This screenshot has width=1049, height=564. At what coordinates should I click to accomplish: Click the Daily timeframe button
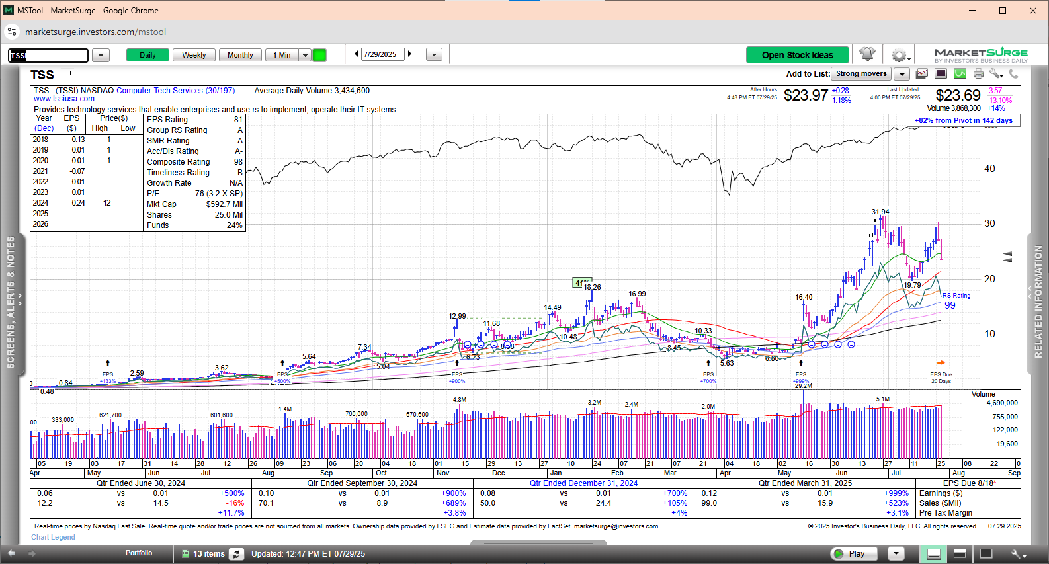pyautogui.click(x=147, y=55)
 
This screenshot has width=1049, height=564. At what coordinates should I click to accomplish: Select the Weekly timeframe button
pyautogui.click(x=194, y=55)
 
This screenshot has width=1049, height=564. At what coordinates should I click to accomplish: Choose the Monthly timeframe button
pyautogui.click(x=240, y=55)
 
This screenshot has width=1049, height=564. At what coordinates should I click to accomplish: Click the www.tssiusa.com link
pyautogui.click(x=64, y=99)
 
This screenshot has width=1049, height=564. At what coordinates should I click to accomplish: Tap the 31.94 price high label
pyautogui.click(x=880, y=212)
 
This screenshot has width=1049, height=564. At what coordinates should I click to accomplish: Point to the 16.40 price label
pyautogui.click(x=804, y=298)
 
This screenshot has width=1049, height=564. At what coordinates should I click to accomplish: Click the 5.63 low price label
pyautogui.click(x=727, y=363)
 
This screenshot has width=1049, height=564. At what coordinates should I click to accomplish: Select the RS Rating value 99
pyautogui.click(x=950, y=305)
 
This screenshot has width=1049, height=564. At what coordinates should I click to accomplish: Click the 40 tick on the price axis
pyautogui.click(x=989, y=169)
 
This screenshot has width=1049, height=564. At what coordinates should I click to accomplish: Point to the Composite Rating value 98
pyautogui.click(x=238, y=162)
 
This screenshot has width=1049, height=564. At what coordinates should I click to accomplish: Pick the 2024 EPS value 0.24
pyautogui.click(x=78, y=203)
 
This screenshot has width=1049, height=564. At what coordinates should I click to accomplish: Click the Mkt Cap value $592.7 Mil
pyautogui.click(x=224, y=204)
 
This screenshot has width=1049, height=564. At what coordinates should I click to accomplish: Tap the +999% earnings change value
pyautogui.click(x=896, y=493)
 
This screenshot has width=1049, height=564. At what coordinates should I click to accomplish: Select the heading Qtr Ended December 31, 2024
pyautogui.click(x=583, y=483)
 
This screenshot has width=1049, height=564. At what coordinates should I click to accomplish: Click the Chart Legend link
pyautogui.click(x=53, y=537)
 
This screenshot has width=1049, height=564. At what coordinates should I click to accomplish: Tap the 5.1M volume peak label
pyautogui.click(x=883, y=399)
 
